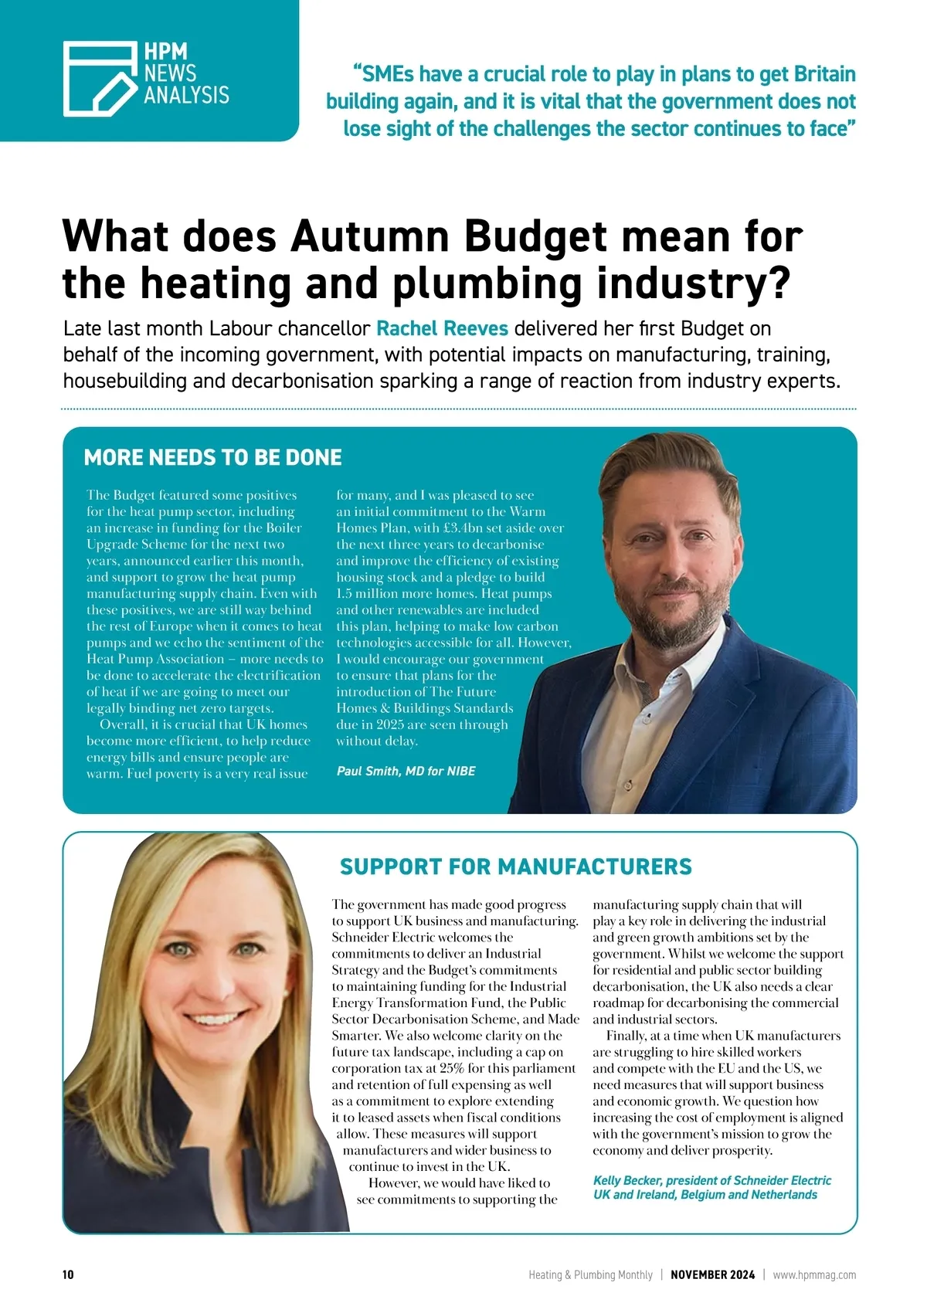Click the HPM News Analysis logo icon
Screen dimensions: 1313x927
pyautogui.click(x=100, y=79)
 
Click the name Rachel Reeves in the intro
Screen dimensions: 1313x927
pyautogui.click(x=442, y=328)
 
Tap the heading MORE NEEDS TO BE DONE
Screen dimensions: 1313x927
pyautogui.click(x=212, y=457)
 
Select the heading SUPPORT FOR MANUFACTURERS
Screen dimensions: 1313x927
pyautogui.click(x=515, y=867)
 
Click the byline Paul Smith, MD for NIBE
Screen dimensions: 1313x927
pyautogui.click(x=406, y=771)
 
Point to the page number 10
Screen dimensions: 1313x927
pyautogui.click(x=68, y=1274)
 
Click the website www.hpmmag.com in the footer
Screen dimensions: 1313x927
pyautogui.click(x=814, y=1274)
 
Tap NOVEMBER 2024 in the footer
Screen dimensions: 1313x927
pyautogui.click(x=712, y=1274)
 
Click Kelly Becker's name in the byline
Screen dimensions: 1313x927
pyautogui.click(x=626, y=1180)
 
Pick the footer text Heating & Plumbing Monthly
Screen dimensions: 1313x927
pyautogui.click(x=590, y=1274)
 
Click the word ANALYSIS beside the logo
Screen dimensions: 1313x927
pyautogui.click(x=186, y=95)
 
